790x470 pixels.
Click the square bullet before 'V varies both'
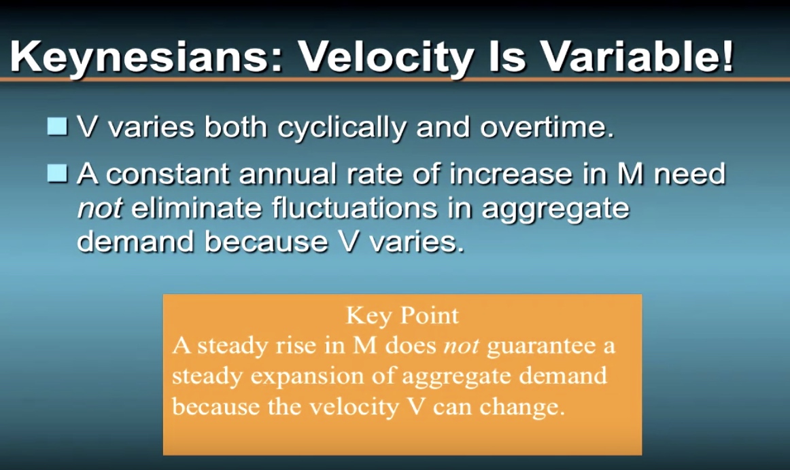pos(57,126)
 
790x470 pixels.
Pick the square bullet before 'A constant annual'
pos(57,173)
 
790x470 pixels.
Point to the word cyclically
pos(341,128)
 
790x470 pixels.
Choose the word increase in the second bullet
pos(511,175)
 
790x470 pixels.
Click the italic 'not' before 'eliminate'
pos(99,209)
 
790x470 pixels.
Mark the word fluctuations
pos(355,208)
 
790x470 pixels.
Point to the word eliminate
pos(197,208)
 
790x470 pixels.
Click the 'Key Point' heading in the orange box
pos(402,316)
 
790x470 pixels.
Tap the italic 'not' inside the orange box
pos(461,346)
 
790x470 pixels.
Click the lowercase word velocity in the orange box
pos(354,407)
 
